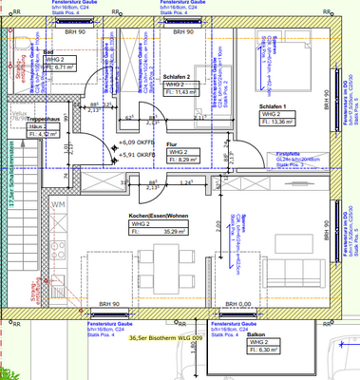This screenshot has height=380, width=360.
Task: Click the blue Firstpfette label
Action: (x=288, y=152)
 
